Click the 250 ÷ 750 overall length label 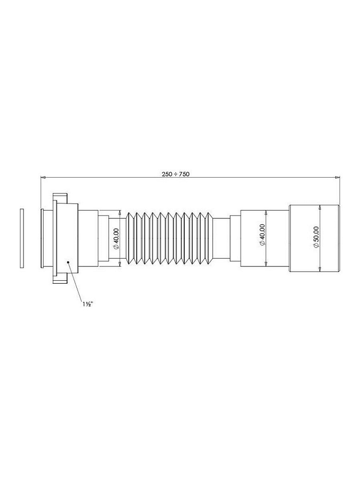(176, 174)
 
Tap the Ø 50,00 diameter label (316, 238)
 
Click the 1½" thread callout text (87, 304)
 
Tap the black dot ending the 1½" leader (68, 262)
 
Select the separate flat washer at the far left (22, 239)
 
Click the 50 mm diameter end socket (314, 238)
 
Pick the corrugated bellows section (169, 238)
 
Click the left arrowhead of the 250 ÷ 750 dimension (43, 177)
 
